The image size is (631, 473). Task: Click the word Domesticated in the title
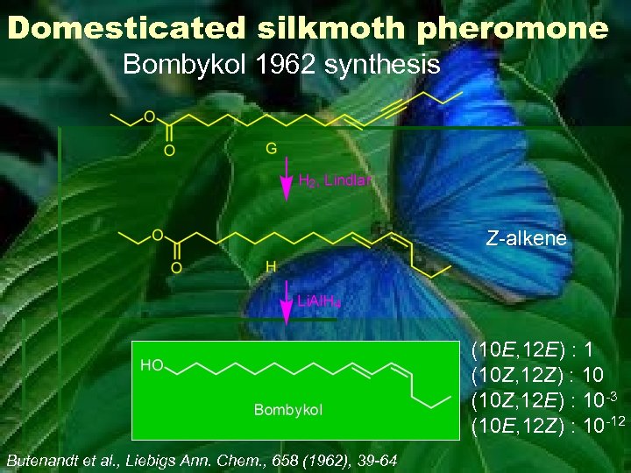click(127, 29)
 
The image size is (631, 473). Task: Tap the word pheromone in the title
click(513, 29)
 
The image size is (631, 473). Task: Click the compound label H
click(272, 265)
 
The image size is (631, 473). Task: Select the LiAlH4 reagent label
click(320, 302)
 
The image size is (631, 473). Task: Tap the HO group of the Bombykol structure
click(151, 365)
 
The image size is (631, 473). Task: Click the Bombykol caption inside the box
click(288, 409)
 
